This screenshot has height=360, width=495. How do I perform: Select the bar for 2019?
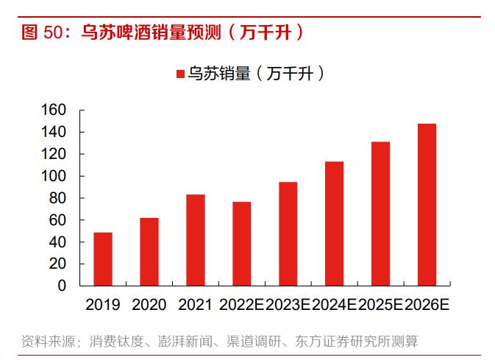click(x=103, y=259)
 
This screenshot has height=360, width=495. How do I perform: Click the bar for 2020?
click(x=149, y=252)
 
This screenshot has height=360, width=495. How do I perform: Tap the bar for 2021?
click(x=196, y=240)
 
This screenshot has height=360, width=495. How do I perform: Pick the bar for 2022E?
click(x=242, y=243)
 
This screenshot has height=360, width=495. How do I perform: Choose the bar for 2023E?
click(x=288, y=233)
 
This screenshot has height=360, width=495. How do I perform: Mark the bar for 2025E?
click(x=380, y=213)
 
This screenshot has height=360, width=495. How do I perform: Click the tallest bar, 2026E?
click(x=427, y=204)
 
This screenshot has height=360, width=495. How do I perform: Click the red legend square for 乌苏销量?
click(x=180, y=74)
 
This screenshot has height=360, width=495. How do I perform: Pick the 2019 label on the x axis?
click(x=103, y=304)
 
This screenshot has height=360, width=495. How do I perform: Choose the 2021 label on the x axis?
click(x=196, y=304)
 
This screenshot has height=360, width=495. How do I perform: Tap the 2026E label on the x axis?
click(x=427, y=304)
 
